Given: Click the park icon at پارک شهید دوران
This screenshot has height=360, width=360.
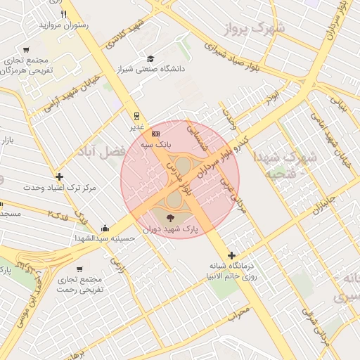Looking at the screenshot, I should pos(169,216).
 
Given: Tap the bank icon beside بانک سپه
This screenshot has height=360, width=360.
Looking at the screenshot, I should pos(155,134).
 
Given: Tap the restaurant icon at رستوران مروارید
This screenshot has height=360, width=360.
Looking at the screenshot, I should pos(64,13).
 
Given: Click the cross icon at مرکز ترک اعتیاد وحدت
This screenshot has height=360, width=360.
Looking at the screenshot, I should pos(60,177).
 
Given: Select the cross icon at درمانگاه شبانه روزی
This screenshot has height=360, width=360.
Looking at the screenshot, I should pos(231,255).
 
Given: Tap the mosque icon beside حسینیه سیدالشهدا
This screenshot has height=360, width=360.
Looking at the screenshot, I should pos(105,227).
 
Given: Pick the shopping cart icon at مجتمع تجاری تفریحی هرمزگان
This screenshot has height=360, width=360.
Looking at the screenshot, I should pos(26,50).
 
